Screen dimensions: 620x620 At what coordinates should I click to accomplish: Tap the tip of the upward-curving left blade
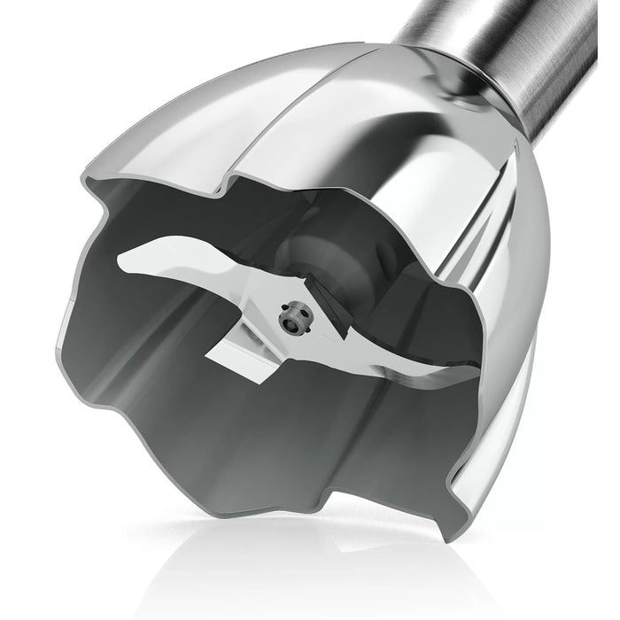coord(125,260)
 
